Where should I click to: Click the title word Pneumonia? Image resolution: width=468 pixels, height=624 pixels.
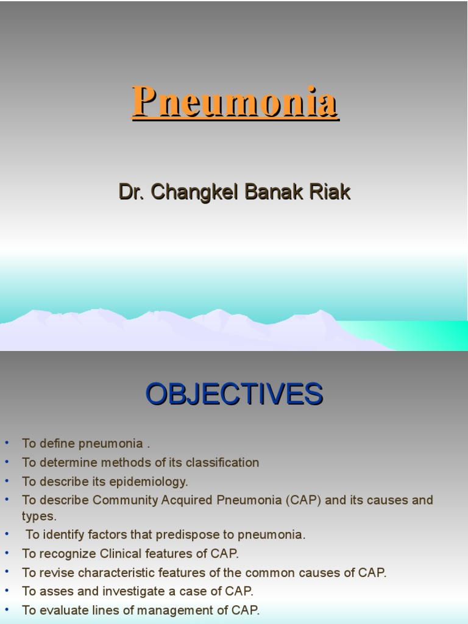click(235, 102)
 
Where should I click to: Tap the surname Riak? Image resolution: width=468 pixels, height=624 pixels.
click(332, 192)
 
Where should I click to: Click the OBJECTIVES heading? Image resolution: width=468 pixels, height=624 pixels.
click(234, 394)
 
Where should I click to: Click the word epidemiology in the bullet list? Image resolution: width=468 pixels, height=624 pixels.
click(148, 481)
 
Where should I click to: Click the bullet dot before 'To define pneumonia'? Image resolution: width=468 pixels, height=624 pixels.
click(7, 442)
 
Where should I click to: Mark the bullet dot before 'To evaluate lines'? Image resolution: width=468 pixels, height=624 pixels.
click(7, 609)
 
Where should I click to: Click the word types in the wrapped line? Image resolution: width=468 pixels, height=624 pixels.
click(38, 516)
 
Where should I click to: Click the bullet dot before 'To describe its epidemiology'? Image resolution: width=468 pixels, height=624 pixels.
click(7, 480)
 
